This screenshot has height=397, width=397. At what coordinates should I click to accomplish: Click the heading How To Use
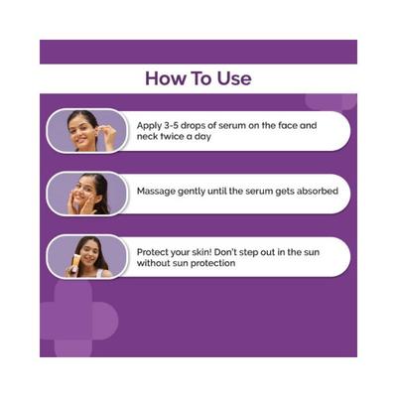[x=198, y=77]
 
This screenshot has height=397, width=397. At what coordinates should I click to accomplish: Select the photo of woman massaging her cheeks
[x=86, y=192]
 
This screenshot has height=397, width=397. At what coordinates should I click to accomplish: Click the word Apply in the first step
[x=151, y=126]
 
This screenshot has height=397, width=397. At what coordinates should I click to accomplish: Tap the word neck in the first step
[x=149, y=138]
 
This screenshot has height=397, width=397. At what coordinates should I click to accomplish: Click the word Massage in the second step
[x=156, y=191]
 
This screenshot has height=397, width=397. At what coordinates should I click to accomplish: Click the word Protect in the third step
[x=154, y=251]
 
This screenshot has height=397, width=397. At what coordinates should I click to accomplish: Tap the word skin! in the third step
[x=211, y=251]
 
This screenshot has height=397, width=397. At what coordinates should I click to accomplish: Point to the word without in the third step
[x=156, y=264]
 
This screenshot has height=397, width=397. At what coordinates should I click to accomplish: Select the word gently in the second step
[x=198, y=191]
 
